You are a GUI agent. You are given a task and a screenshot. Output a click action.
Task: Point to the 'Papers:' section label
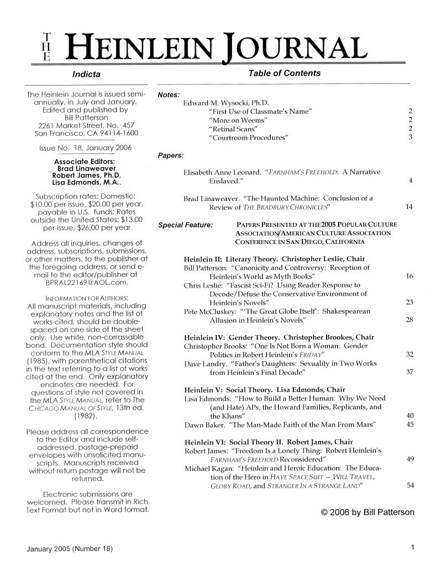(x=169, y=155)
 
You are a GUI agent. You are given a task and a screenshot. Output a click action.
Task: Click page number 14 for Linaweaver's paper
(x=409, y=207)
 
